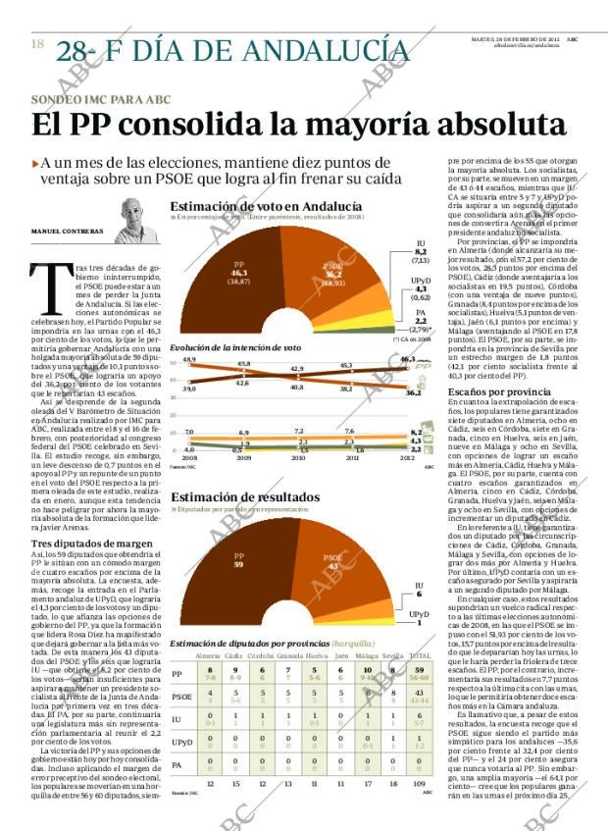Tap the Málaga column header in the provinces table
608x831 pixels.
[367, 655]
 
